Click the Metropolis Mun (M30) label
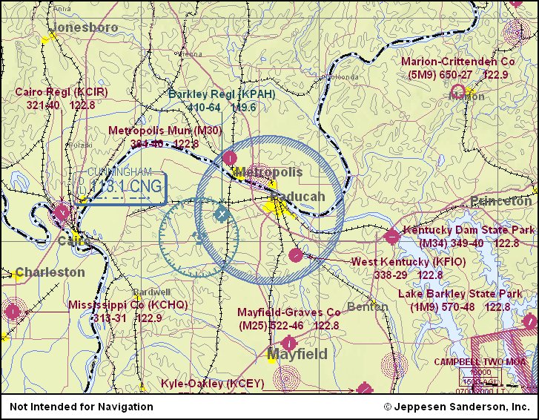165,131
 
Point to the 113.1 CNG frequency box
125,187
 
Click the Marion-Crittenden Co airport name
457,62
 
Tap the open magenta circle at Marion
458,92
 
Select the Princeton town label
500,201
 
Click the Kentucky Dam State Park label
469,231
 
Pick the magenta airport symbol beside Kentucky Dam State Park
391,237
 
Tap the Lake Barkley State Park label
460,294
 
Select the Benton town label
368,306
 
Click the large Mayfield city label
297,354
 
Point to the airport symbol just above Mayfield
289,343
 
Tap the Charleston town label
50,272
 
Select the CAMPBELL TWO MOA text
480,361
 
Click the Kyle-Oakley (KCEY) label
212,384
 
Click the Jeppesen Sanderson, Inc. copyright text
456,407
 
